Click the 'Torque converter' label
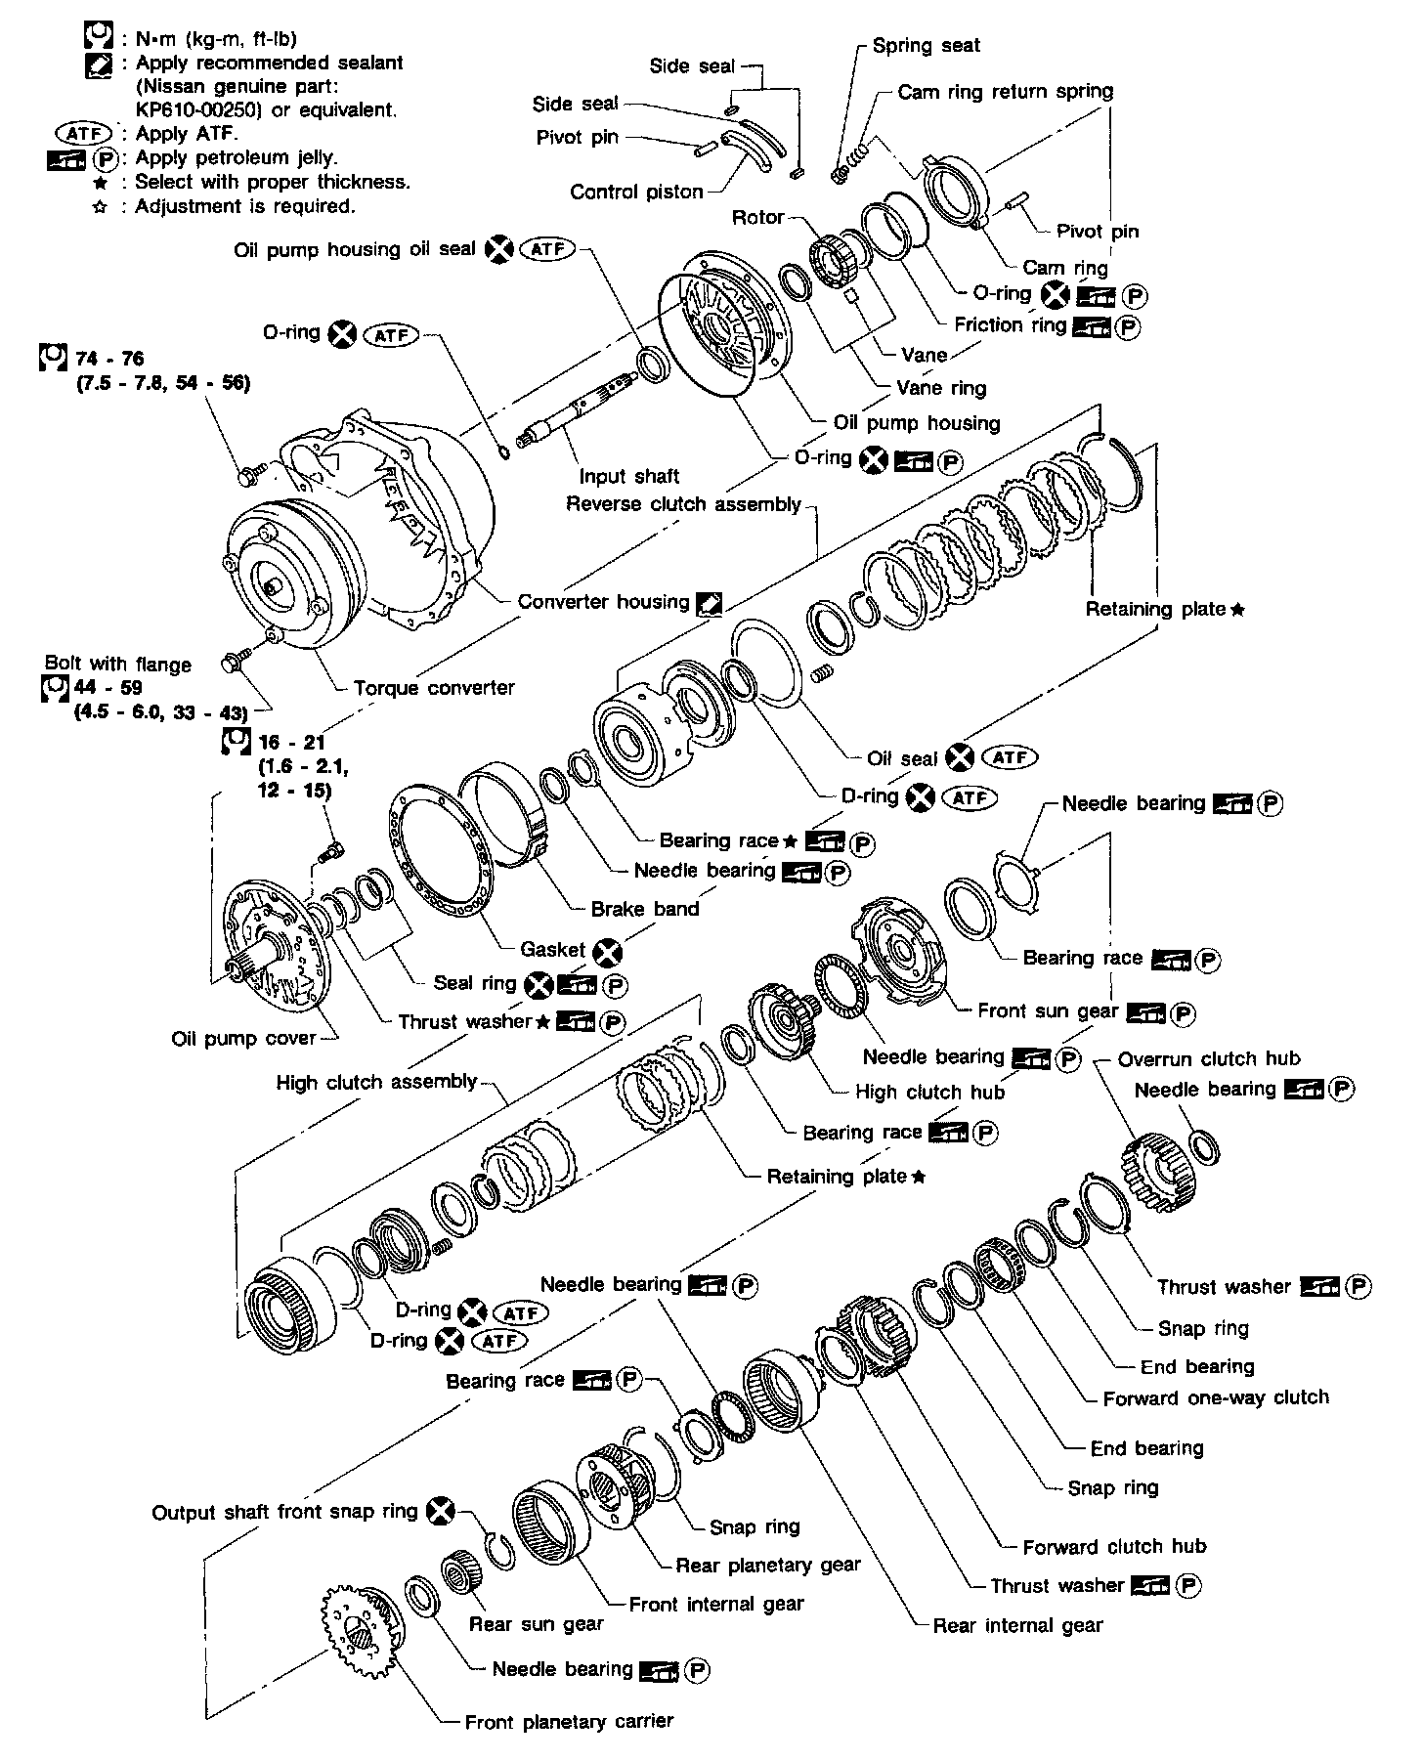click(433, 688)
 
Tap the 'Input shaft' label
click(628, 476)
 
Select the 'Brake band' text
click(645, 909)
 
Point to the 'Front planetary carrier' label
click(569, 1721)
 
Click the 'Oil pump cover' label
click(243, 1038)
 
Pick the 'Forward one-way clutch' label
click(1216, 1397)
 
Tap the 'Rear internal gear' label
click(1017, 1625)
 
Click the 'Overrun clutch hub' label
click(1209, 1058)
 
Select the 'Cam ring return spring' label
click(1005, 92)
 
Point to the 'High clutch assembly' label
click(376, 1082)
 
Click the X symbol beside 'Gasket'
click(609, 950)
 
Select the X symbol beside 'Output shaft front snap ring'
click(443, 1512)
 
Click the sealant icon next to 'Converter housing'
click(710, 603)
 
